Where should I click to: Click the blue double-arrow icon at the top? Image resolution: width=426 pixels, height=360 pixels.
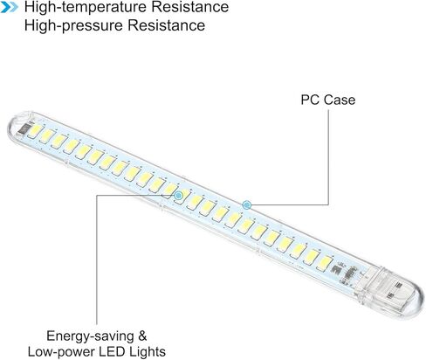[9, 8]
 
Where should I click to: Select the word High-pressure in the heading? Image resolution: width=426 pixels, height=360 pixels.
[74, 25]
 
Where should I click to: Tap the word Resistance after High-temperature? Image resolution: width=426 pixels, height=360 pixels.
[190, 7]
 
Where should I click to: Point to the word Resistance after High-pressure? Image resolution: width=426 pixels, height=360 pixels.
[167, 25]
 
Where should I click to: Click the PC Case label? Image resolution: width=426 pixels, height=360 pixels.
[328, 100]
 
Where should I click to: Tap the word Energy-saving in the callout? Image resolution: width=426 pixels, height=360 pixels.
[90, 336]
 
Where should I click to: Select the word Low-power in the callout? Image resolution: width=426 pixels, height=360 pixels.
[62, 352]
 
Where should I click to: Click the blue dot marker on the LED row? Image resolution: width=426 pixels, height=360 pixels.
[178, 196]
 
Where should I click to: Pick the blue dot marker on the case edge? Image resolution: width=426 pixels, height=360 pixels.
[247, 205]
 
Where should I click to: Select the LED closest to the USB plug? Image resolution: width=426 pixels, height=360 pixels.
[324, 263]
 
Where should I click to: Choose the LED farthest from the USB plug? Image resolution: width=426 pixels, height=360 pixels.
[35, 131]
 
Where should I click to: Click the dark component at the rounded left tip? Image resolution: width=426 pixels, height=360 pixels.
[24, 128]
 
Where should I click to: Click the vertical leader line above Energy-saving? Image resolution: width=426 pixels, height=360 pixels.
[97, 260]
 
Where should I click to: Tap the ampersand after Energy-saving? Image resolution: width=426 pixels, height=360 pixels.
[142, 336]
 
